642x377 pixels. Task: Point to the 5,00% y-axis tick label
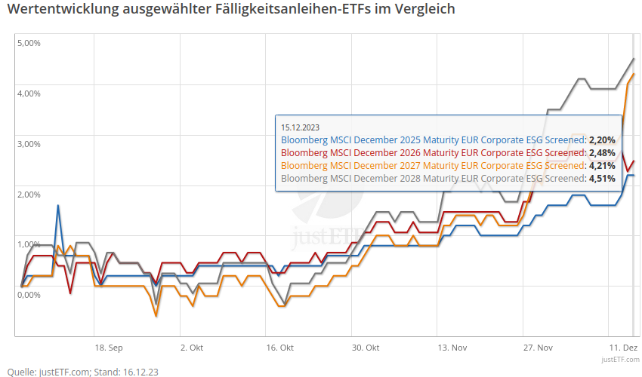point(29,43)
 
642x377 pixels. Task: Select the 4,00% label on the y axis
point(29,93)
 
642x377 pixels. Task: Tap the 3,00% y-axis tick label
point(29,144)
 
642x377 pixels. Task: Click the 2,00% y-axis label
point(29,195)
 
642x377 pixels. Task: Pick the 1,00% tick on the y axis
point(29,244)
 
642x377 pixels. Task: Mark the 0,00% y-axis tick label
point(29,295)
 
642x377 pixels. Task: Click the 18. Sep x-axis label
point(108,348)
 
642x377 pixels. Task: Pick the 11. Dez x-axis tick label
point(623,348)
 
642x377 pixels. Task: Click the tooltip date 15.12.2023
point(301,127)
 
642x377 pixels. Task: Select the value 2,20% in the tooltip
point(602,140)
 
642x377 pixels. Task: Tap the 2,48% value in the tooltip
point(602,153)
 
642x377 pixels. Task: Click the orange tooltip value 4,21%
point(602,166)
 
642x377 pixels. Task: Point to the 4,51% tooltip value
point(602,179)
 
